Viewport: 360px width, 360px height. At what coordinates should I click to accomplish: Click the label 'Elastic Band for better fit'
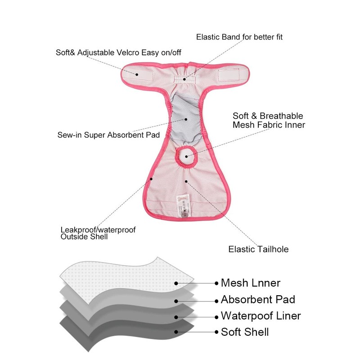coord(239,36)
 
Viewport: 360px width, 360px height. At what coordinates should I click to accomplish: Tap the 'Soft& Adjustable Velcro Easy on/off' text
coord(118,52)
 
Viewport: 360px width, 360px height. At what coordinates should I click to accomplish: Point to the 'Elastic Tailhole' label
coord(258,249)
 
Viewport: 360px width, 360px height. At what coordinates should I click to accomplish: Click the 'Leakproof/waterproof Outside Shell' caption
coord(98,233)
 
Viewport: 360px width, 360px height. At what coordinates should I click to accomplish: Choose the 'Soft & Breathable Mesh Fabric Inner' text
coord(269,121)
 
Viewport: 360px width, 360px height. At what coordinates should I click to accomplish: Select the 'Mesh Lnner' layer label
coord(250,283)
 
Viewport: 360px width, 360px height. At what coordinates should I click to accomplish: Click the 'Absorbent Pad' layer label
coord(258,300)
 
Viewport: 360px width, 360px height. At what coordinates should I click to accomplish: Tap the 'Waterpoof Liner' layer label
coord(261,316)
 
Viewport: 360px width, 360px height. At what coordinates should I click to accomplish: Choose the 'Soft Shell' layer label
coord(245,333)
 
